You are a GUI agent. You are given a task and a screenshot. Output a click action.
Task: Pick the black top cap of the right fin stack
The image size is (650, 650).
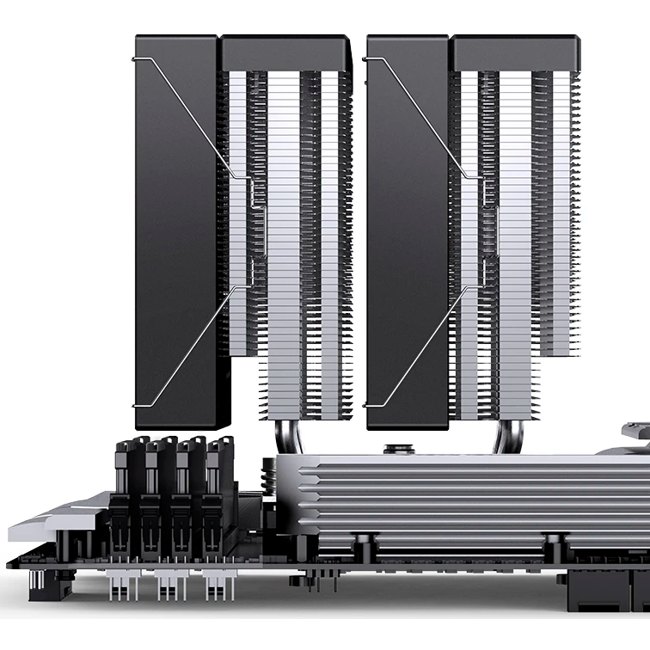point(517,53)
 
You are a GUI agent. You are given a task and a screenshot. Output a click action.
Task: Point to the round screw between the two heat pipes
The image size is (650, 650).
point(398,449)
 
